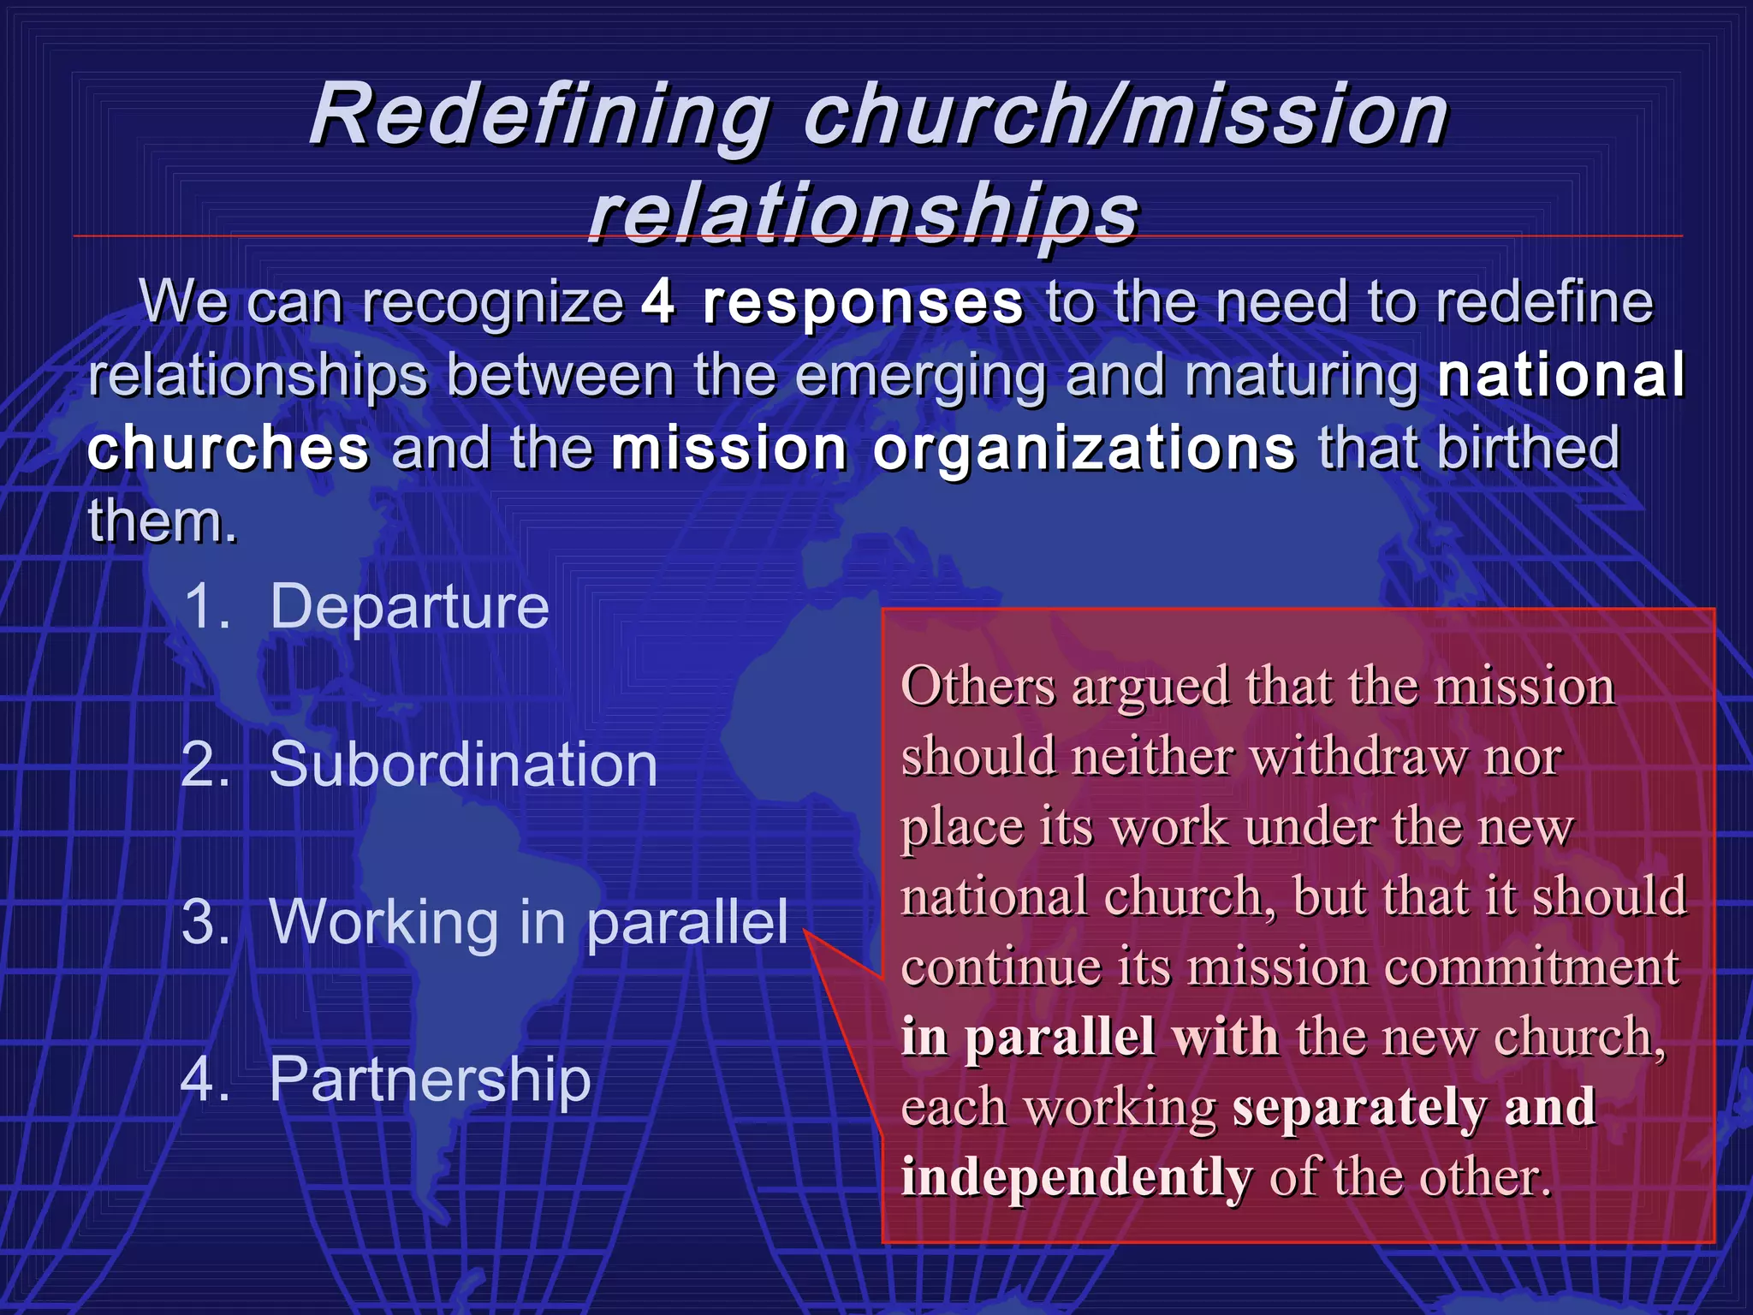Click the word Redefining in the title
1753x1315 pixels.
point(539,116)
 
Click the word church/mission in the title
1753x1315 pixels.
point(1126,116)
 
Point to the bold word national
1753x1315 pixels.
point(1560,375)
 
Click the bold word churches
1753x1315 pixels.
point(229,448)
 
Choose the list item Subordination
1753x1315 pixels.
point(463,765)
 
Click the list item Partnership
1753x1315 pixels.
point(430,1080)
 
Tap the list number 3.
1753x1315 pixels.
point(205,923)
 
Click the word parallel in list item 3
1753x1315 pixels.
point(686,923)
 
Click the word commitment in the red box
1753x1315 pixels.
point(1531,968)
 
